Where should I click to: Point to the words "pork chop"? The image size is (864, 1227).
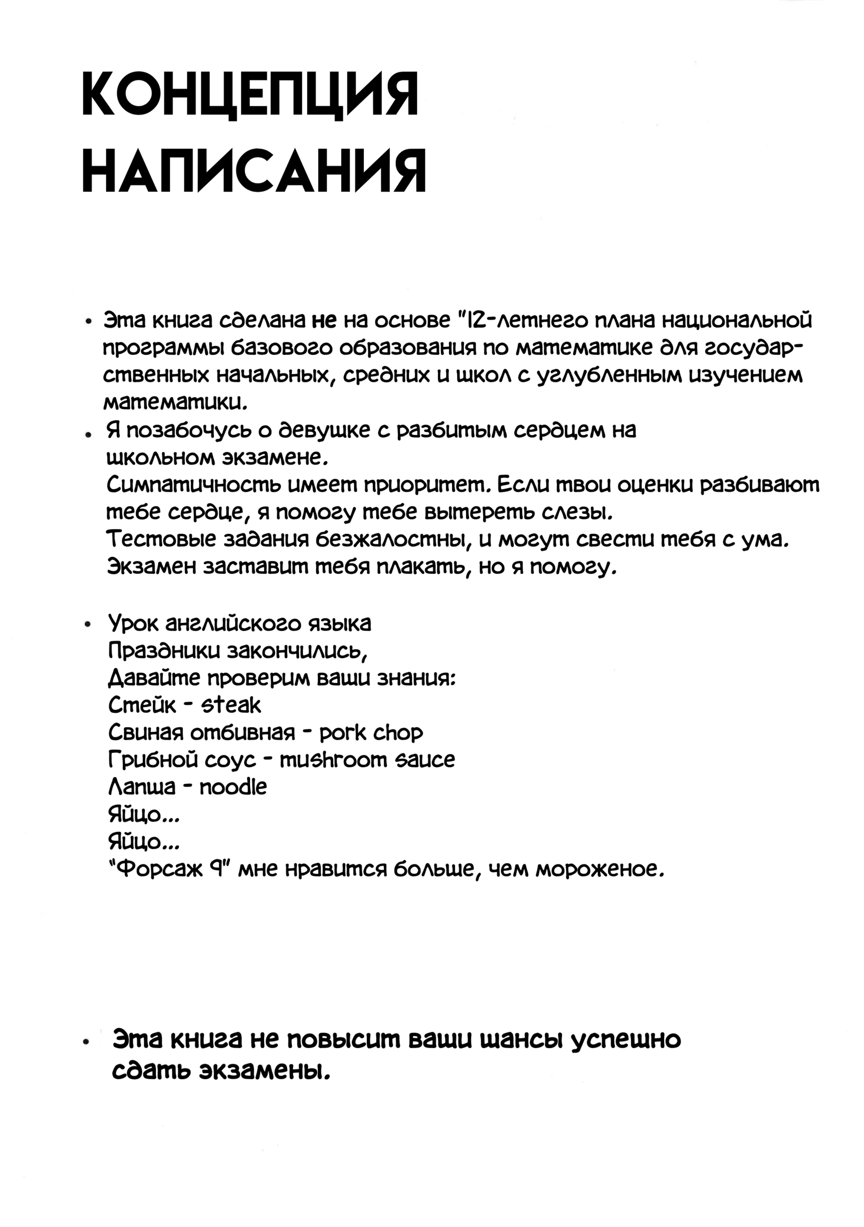click(371, 733)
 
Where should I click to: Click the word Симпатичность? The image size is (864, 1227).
click(192, 485)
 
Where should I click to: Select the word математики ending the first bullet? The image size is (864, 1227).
click(175, 402)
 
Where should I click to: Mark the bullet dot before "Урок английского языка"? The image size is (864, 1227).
click(88, 625)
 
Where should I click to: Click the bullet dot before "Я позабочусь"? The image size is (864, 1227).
click(87, 434)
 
